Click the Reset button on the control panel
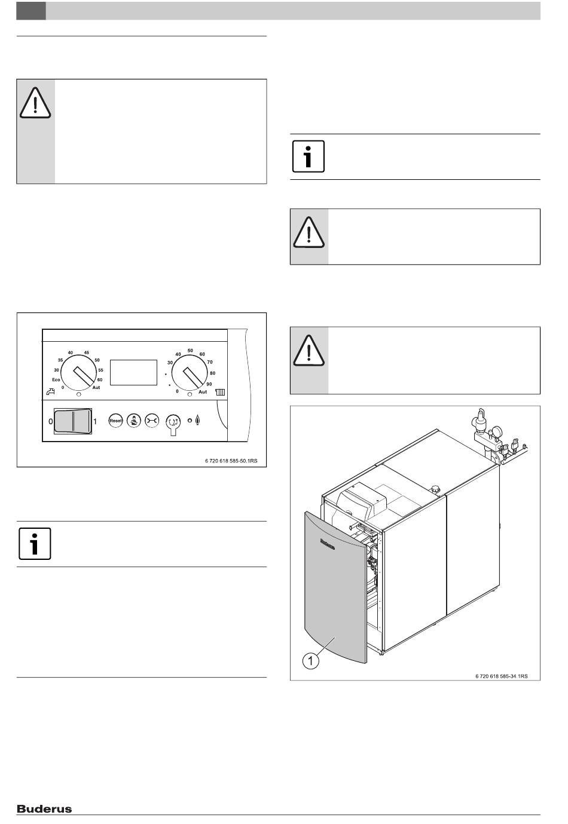(x=115, y=421)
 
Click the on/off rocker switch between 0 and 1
(x=73, y=421)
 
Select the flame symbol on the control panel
(x=199, y=421)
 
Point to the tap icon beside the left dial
(x=50, y=392)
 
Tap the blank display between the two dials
(x=134, y=372)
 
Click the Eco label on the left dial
(x=56, y=380)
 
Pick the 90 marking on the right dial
(x=209, y=384)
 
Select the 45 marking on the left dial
(x=86, y=353)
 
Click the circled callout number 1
(x=310, y=660)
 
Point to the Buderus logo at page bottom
(x=44, y=809)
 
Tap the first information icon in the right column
(x=309, y=157)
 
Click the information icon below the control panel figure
(x=35, y=544)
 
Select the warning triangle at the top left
(x=35, y=103)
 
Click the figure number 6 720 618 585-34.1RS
(x=501, y=676)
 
